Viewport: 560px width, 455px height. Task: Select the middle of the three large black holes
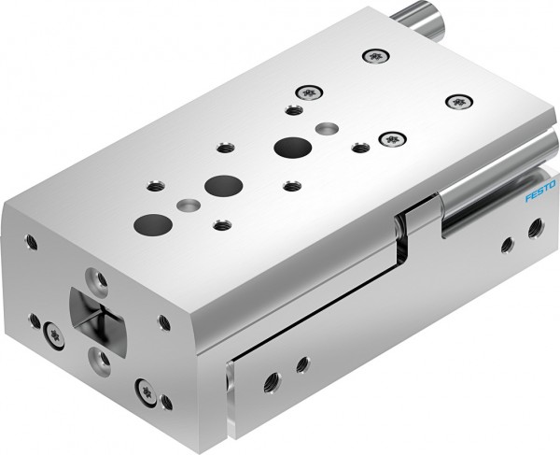point(221,184)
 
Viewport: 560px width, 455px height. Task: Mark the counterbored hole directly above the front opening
point(95,277)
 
